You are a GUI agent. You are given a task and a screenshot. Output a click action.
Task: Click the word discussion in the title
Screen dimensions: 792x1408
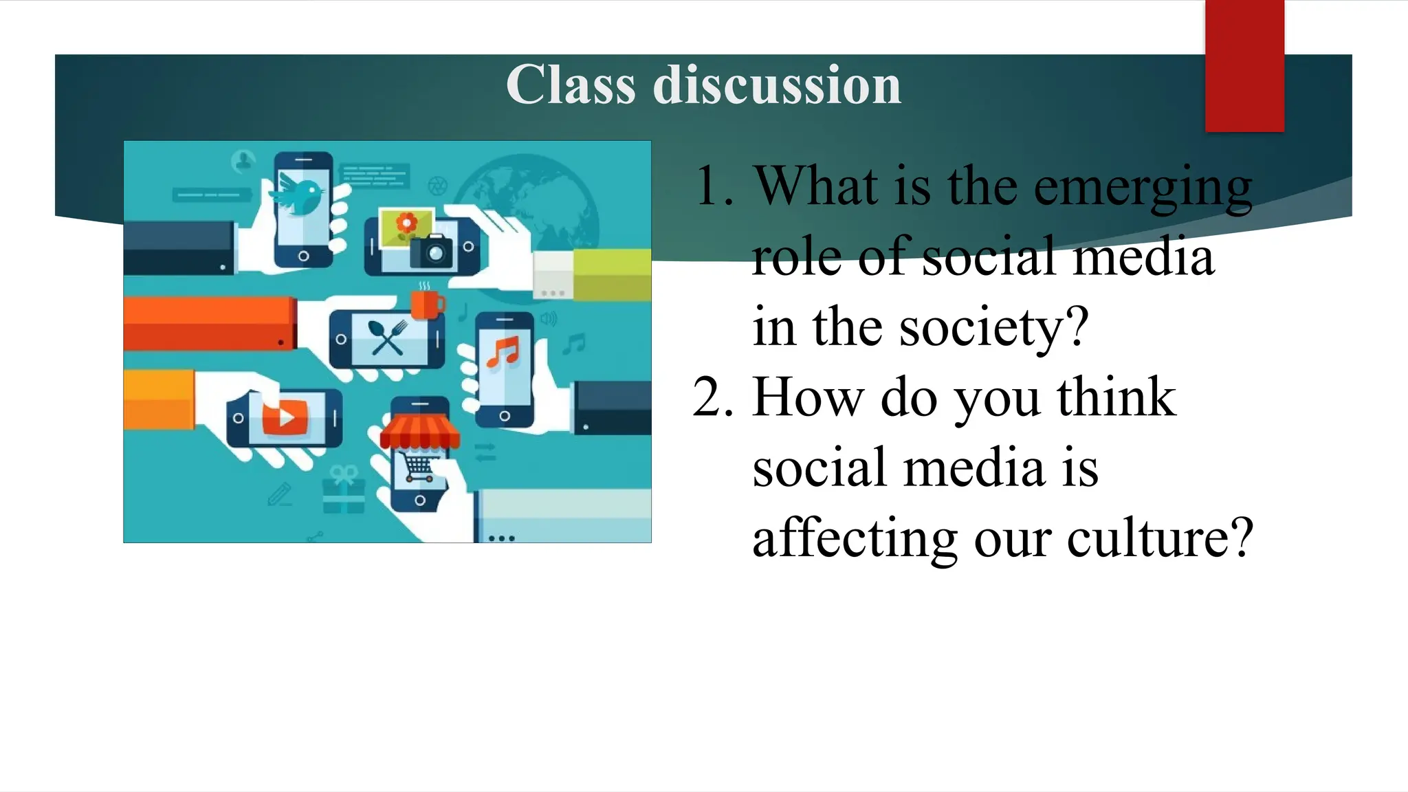(x=777, y=85)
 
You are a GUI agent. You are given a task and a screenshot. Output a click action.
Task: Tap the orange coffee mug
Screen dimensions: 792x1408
(x=426, y=304)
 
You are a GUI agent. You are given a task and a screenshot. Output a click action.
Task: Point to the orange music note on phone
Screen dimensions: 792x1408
(x=503, y=352)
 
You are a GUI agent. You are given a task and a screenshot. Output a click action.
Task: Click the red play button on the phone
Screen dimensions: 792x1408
(x=284, y=417)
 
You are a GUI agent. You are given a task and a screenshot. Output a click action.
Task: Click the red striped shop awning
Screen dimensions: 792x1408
(x=419, y=432)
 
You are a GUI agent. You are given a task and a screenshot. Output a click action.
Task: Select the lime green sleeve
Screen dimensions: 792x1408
(x=612, y=275)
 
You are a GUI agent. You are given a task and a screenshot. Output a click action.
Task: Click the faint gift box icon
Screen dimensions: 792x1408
(x=344, y=491)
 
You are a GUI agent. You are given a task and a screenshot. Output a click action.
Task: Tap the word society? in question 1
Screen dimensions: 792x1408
(x=994, y=327)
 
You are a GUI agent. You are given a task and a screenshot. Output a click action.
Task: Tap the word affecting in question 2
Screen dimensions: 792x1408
(x=855, y=538)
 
